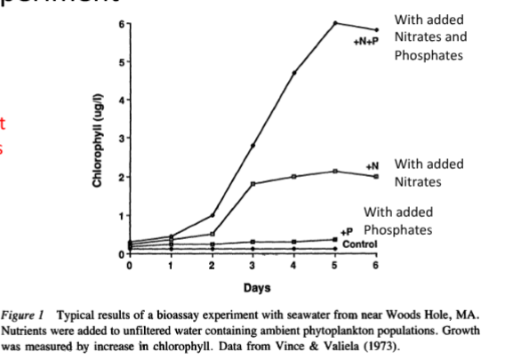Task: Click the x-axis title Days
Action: tap(252, 287)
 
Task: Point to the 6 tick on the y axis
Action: tap(124, 22)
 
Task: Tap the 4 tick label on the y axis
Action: tap(124, 100)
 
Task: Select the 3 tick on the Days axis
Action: tap(252, 265)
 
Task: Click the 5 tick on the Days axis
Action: tap(335, 265)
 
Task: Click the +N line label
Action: tap(372, 165)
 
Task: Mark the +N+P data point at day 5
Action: tap(335, 22)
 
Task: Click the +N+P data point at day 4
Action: tap(294, 72)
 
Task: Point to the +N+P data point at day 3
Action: tap(252, 145)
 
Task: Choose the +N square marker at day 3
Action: tap(252, 184)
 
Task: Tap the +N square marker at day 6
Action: tap(376, 177)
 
